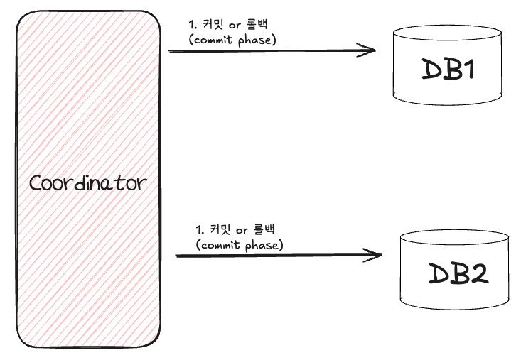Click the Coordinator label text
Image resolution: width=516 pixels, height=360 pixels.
pyautogui.click(x=88, y=182)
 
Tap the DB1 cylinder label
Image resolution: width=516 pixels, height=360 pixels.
pyautogui.click(x=448, y=70)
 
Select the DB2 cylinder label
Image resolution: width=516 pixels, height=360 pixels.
pyautogui.click(x=458, y=273)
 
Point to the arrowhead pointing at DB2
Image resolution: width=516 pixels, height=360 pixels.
pyautogui.click(x=375, y=255)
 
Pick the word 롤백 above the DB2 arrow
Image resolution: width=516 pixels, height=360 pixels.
pyautogui.click(x=269, y=231)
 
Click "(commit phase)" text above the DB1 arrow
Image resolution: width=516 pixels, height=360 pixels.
pyautogui.click(x=232, y=40)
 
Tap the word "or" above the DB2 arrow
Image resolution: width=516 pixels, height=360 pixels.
pyautogui.click(x=246, y=231)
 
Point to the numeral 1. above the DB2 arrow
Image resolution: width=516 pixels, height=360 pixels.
pyautogui.click(x=201, y=231)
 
